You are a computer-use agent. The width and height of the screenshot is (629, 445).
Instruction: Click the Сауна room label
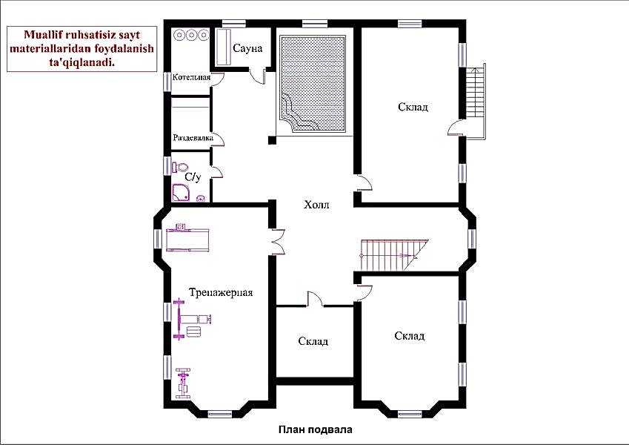click(x=247, y=49)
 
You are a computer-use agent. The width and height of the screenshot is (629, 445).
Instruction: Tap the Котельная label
click(x=191, y=77)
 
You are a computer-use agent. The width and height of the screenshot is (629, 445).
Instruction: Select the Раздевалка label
click(x=193, y=138)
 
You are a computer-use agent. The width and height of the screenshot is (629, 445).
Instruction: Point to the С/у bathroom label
click(x=193, y=177)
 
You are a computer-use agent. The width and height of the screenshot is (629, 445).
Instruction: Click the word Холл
click(x=316, y=205)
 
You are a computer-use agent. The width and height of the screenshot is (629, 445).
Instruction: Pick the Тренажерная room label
click(x=221, y=292)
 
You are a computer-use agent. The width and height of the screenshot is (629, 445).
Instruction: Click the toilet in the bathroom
click(x=181, y=167)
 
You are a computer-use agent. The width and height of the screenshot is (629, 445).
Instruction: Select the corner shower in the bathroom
click(x=182, y=192)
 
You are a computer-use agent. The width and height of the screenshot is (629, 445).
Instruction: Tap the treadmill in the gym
click(x=187, y=238)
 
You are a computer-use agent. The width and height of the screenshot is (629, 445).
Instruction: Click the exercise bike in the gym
click(x=183, y=383)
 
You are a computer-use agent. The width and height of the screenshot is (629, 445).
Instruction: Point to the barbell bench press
click(x=192, y=320)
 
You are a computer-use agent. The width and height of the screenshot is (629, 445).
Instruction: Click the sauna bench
click(x=223, y=47)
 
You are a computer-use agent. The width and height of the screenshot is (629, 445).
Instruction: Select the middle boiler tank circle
click(x=192, y=35)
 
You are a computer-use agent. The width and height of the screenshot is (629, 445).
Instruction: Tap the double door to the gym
click(x=278, y=242)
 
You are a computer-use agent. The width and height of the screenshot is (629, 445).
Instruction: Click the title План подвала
click(x=316, y=429)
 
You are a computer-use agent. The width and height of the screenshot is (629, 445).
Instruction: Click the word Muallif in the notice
click(x=42, y=35)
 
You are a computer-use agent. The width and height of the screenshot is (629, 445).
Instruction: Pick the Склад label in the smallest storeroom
click(x=313, y=341)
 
